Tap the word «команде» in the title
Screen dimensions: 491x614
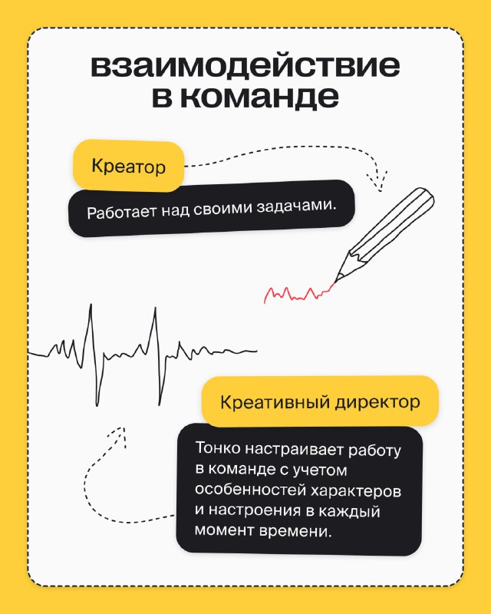click(259, 97)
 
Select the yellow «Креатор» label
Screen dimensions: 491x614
click(128, 166)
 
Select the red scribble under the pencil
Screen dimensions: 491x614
click(298, 293)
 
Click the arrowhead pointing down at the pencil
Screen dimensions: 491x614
click(378, 182)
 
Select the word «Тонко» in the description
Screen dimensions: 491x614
click(218, 448)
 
